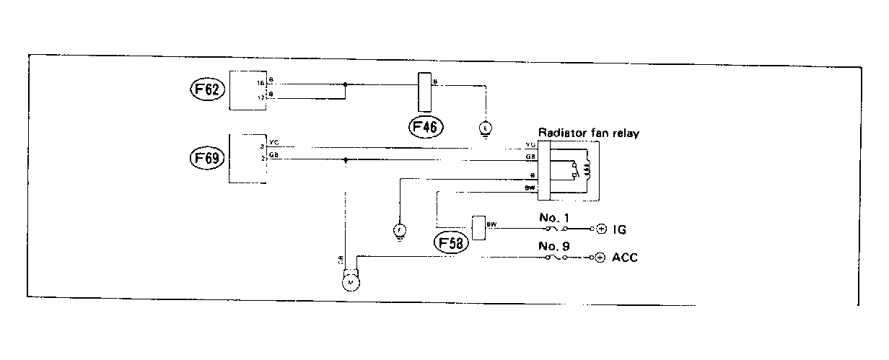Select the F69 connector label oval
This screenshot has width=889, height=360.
coord(205,157)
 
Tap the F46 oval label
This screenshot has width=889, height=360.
coord(425,128)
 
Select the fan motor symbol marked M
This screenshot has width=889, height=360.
coord(351,282)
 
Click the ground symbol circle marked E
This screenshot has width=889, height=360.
coord(486,128)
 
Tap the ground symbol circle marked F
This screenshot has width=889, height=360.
coord(398,230)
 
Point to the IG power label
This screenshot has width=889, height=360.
coord(619,229)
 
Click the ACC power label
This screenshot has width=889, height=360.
coord(624,258)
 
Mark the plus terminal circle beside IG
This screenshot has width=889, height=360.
coord(601,229)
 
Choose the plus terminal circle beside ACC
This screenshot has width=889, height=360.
coord(601,258)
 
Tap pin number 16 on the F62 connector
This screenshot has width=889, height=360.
coord(261,84)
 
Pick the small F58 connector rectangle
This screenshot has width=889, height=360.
coord(478,227)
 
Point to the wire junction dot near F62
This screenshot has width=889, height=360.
coord(346,84)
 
